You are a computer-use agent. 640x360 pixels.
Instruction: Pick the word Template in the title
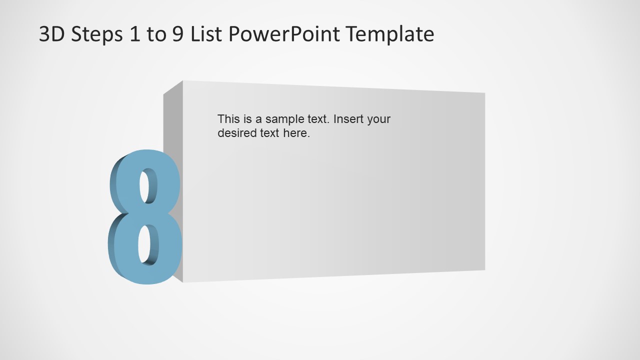(390, 34)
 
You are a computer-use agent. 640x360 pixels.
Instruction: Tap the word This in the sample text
(228, 119)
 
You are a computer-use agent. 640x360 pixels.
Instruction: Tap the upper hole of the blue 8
(148, 186)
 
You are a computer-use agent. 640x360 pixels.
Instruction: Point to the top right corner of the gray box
(484, 93)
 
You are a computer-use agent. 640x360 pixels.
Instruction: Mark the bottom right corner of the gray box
(484, 270)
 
